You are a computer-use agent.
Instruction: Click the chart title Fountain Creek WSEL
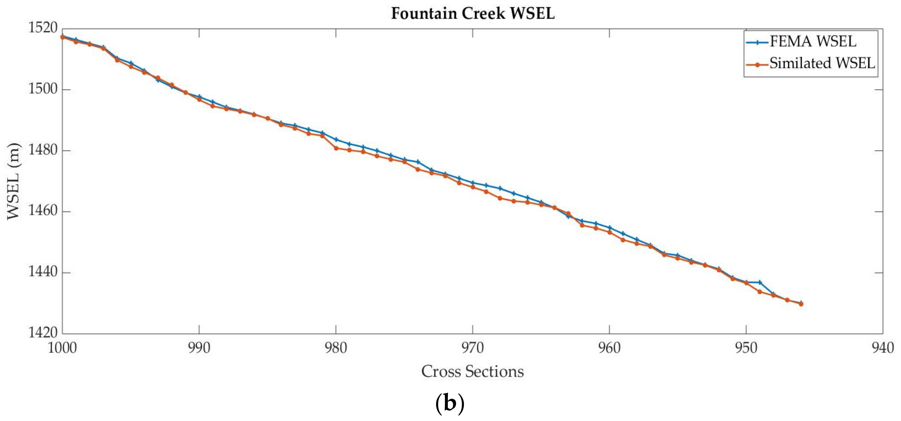[473, 14]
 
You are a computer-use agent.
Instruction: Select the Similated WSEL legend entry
[822, 63]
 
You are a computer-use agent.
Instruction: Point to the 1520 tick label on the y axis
[43, 28]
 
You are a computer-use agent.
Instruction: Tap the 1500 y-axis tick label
[43, 89]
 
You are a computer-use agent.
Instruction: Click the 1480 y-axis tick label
[43, 150]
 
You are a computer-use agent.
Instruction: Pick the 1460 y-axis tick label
[43, 211]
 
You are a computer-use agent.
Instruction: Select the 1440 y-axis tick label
[43, 272]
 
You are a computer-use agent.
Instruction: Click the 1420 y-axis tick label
[43, 332]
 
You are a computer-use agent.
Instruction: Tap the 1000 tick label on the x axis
[62, 348]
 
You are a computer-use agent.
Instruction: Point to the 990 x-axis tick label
[199, 348]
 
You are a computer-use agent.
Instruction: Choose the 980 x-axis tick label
[336, 348]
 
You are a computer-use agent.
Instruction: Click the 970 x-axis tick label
[473, 348]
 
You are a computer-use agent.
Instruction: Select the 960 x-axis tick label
[609, 348]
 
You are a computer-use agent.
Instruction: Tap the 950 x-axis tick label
[746, 348]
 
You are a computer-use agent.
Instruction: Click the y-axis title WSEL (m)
[14, 181]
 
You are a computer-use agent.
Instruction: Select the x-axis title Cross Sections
[473, 371]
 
